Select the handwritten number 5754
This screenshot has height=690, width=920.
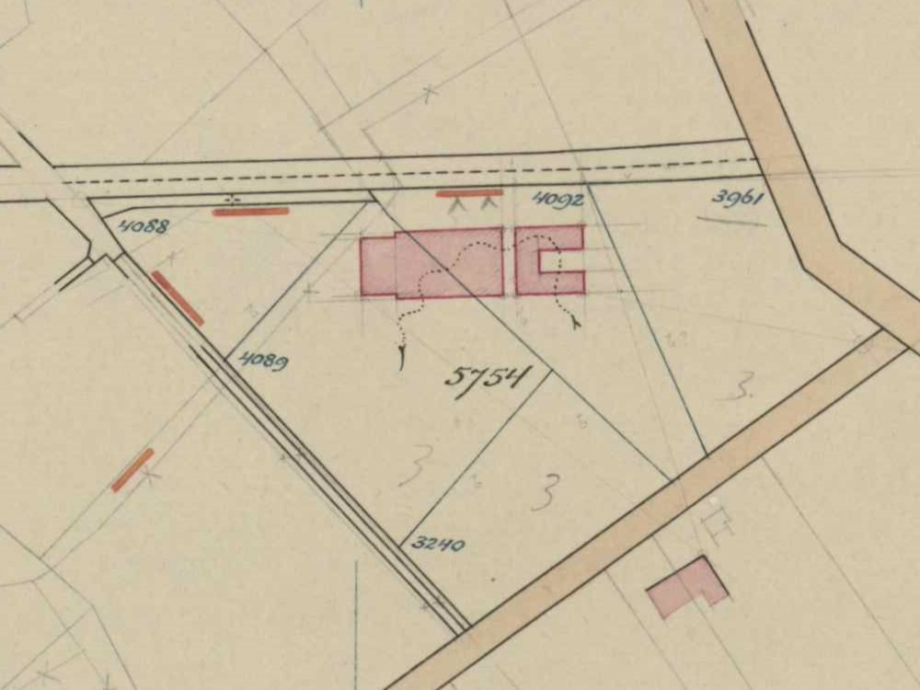489,377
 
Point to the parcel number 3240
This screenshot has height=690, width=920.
437,544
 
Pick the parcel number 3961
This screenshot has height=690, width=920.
738,198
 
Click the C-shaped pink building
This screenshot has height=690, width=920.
549,259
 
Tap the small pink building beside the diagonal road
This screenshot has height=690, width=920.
687,585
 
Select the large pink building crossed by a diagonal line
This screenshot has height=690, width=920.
431,265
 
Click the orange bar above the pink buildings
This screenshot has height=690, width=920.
469,193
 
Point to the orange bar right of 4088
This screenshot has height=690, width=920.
250,212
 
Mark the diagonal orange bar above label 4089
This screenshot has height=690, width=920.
178,298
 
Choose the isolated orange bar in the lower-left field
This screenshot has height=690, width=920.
132,469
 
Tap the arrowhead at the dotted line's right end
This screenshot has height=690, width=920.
575,323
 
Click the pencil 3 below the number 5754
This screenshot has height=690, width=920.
413,470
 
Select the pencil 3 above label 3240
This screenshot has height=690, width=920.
545,491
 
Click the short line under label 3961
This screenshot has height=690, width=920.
730,221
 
